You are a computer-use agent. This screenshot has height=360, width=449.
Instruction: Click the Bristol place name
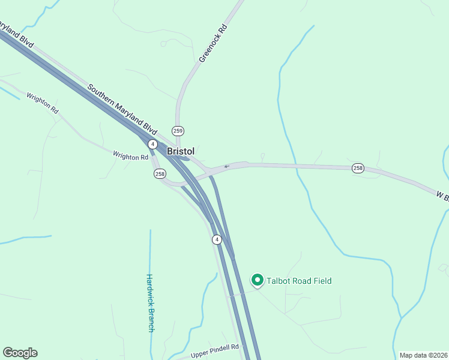181,151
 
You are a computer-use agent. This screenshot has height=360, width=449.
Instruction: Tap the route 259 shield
178,131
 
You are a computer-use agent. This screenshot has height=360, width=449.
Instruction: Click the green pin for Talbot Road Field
258,280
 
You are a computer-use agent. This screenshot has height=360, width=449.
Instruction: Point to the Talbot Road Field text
300,281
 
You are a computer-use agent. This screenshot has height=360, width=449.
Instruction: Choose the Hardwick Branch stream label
150,303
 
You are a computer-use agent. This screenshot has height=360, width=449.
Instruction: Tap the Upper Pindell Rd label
215,352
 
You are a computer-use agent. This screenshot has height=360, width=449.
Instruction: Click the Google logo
20,353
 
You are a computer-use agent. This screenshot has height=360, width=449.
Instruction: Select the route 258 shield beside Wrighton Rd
160,174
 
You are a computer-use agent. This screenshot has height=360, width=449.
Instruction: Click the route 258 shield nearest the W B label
358,168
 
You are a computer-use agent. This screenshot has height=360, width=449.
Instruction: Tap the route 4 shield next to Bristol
153,145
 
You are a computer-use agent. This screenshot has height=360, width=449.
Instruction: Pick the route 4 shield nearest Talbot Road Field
217,239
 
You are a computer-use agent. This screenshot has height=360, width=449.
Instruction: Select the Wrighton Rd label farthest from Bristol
42,103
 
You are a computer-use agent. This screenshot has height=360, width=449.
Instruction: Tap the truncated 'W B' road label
442,196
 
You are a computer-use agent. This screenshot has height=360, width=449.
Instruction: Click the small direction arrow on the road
226,166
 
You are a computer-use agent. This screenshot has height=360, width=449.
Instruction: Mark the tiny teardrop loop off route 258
262,157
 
